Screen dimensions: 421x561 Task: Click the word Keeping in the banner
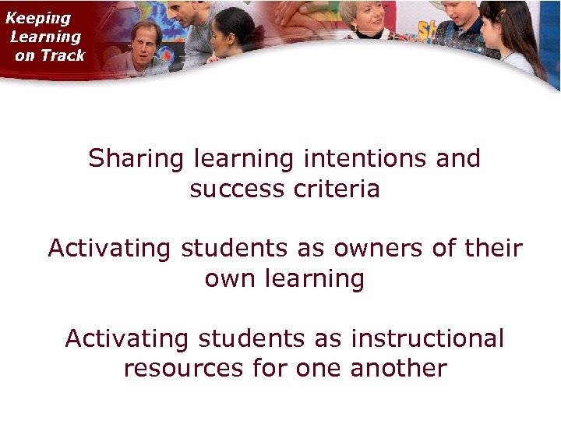38,18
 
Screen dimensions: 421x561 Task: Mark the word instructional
428,339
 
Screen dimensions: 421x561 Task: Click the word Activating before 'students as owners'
109,249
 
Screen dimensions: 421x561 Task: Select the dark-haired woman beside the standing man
234,35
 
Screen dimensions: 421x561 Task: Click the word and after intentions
458,159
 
